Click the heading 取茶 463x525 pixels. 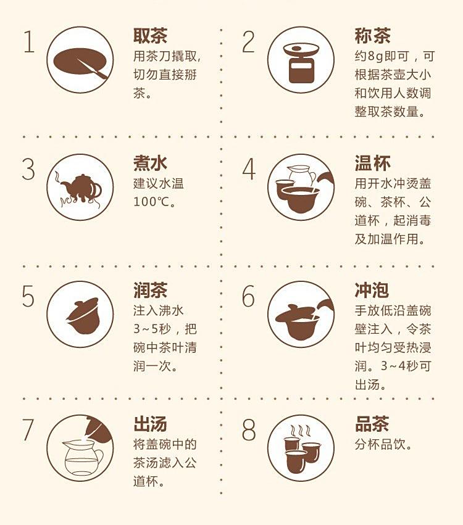[150, 36]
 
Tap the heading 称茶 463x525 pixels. [372, 36]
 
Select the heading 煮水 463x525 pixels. [150, 163]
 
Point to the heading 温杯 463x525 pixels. [372, 163]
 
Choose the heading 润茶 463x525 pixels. [150, 290]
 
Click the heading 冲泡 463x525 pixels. [372, 290]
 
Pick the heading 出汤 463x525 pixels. [150, 424]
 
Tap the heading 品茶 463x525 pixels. [372, 424]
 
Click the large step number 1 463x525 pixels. [30, 41]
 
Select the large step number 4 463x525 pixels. [249, 169]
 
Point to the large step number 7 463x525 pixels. [28, 429]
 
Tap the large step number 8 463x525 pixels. [249, 429]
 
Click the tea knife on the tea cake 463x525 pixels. [93, 69]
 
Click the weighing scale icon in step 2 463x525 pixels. [301, 64]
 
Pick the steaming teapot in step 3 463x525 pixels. [80, 189]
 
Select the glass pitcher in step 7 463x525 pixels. [83, 457]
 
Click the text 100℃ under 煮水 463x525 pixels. [154, 202]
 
